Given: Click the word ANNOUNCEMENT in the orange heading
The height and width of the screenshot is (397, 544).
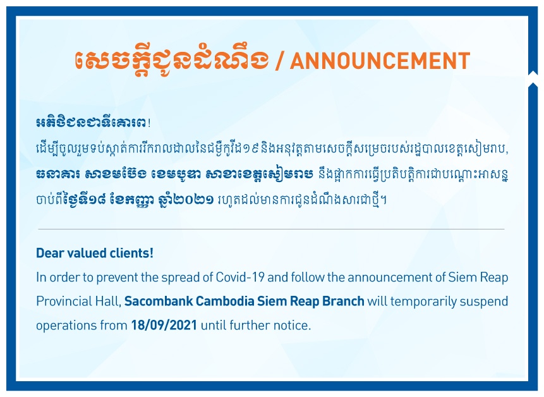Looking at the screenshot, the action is pos(380,61).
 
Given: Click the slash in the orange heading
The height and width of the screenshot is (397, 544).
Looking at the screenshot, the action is pos(279,61).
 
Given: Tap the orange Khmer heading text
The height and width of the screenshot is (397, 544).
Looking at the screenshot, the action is pos(172,59).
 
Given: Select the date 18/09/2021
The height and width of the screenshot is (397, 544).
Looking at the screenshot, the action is pos(164,325).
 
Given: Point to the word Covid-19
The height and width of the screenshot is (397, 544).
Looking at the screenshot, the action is pos(240,278).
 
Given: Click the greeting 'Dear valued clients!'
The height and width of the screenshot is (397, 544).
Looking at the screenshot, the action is pos(95,253).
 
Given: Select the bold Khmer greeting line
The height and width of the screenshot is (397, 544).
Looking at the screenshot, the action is pos(93,123).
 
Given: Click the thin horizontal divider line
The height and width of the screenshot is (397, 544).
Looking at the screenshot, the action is pos(271,229).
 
